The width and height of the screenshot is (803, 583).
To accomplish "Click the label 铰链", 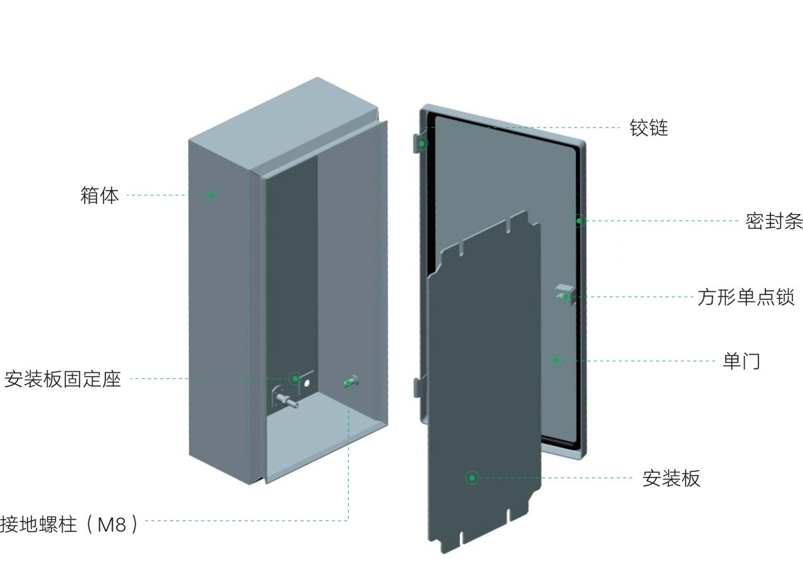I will tap(649, 128).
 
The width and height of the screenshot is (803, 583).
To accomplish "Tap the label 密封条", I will tap(774, 221).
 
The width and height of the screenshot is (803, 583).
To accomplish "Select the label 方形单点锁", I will tap(746, 297).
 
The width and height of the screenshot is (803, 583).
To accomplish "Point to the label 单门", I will tap(741, 361).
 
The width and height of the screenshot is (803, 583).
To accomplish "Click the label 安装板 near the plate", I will tap(671, 478).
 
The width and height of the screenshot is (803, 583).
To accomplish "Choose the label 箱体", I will tap(99, 195).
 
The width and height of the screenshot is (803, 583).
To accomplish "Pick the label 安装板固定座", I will tap(62, 379).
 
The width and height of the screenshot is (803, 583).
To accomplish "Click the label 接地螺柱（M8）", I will tap(69, 523).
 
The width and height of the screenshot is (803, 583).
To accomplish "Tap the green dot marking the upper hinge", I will tap(422, 144).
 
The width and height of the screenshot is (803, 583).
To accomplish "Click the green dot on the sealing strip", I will tap(580, 221).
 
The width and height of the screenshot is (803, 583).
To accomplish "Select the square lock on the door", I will tap(564, 294).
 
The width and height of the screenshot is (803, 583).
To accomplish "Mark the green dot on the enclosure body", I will tap(211, 195).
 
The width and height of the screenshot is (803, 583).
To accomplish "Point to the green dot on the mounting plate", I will tap(472, 478).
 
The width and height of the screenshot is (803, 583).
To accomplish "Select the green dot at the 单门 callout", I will tap(556, 361).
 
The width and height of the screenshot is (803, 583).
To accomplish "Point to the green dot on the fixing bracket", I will tap(295, 378).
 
